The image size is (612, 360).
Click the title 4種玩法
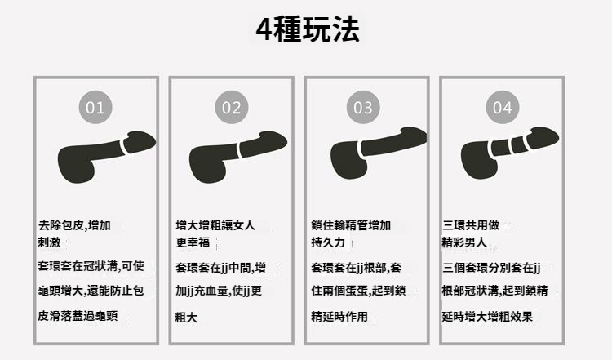(308, 29)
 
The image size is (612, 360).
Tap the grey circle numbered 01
(95, 108)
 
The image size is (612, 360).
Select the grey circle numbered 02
(232, 108)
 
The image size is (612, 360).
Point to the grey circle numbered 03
(363, 108)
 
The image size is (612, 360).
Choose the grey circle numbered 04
(503, 108)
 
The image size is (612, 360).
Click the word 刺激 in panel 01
(49, 242)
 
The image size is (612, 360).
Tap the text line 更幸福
(193, 242)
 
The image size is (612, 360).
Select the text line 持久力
(328, 242)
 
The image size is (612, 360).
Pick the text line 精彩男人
(464, 242)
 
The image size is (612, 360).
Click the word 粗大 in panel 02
(186, 317)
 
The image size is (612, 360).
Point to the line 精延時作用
(339, 316)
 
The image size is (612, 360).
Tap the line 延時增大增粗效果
(487, 316)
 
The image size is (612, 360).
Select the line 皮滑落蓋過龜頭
(78, 315)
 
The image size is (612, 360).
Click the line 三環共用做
(471, 225)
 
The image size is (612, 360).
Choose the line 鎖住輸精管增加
(351, 225)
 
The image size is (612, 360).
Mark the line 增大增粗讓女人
(215, 225)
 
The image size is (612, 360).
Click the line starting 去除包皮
(74, 225)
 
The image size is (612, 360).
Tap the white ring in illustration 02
(240, 149)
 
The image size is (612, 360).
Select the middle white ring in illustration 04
(512, 144)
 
